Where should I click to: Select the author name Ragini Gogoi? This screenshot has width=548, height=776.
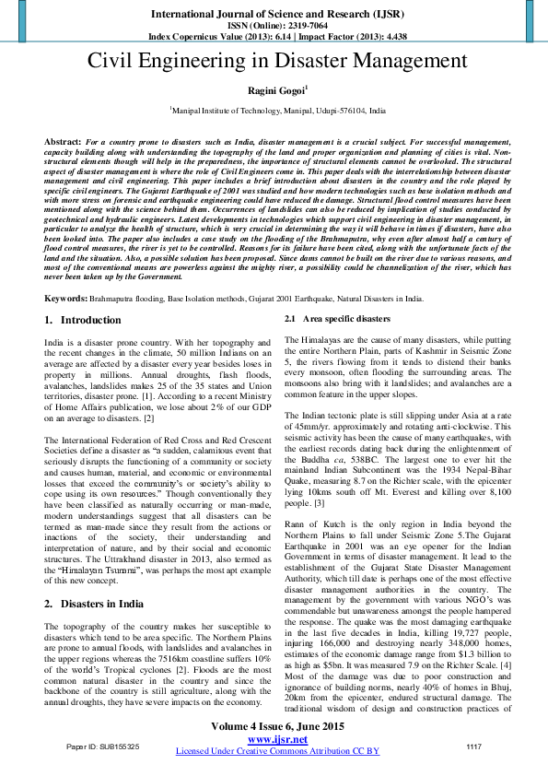[275, 90]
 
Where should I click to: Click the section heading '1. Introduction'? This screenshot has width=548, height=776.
[83, 320]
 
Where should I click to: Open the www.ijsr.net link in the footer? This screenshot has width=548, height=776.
[277, 739]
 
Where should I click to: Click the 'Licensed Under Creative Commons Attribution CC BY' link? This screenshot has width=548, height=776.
[277, 751]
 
